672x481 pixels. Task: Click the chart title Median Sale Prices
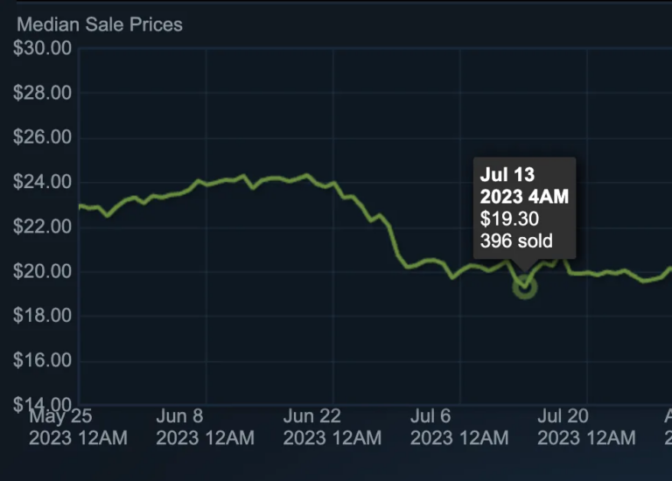tap(100, 24)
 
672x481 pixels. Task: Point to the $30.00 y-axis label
tap(42, 48)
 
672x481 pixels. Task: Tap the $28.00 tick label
tap(42, 93)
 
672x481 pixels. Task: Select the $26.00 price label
tap(42, 137)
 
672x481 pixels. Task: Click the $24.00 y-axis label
tap(42, 182)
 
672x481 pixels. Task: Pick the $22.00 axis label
tap(42, 227)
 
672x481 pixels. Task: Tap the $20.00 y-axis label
tap(42, 271)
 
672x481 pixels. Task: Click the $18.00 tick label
tap(42, 316)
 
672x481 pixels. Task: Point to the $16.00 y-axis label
tap(42, 360)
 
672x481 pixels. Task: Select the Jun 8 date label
tap(179, 416)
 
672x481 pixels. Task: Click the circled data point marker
tap(524, 286)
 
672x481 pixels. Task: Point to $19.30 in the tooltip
tap(509, 219)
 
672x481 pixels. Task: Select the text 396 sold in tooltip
tap(516, 240)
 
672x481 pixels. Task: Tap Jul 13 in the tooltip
tap(507, 175)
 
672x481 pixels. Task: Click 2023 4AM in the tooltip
tap(524, 197)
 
